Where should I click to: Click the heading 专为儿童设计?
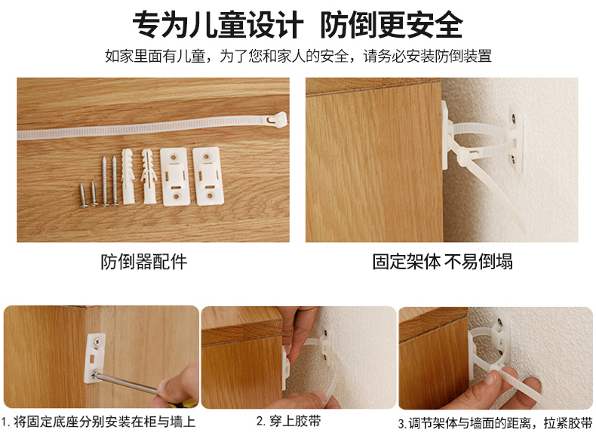(218, 25)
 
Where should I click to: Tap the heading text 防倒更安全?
(392, 25)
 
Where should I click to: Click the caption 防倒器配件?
(144, 262)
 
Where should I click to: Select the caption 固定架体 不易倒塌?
(442, 262)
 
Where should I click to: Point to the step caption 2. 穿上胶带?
(288, 421)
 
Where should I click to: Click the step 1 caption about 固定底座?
(98, 422)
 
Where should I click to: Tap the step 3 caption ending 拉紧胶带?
(495, 423)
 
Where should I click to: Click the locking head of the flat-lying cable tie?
(276, 119)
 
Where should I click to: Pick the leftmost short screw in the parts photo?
(84, 195)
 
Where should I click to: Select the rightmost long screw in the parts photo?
(115, 181)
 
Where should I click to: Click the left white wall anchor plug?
(127, 176)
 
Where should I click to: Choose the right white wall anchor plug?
(149, 176)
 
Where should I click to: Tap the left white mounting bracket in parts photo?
(174, 176)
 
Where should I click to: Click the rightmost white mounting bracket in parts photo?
(208, 176)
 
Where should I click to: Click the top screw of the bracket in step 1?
(97, 342)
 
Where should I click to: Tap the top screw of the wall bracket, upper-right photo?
(513, 118)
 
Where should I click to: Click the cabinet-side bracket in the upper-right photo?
(447, 136)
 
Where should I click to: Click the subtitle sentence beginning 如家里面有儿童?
(299, 57)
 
